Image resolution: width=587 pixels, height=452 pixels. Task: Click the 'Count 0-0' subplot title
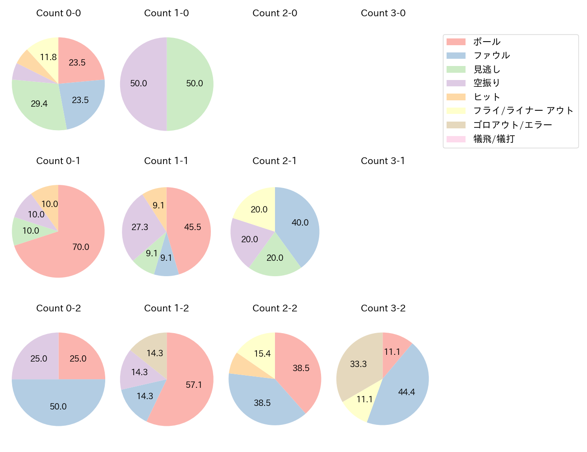coord(58,13)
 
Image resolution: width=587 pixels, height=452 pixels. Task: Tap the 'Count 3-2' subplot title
coord(383,308)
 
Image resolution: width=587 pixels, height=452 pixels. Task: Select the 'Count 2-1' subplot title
coord(275,161)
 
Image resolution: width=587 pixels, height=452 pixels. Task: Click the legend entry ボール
coord(486,42)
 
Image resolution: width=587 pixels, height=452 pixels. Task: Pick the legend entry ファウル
coord(491,55)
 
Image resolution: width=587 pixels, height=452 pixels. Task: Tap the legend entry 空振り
coord(486,83)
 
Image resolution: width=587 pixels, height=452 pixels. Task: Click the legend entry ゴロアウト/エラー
coord(512,125)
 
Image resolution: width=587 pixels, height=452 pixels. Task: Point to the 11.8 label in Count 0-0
coord(48,57)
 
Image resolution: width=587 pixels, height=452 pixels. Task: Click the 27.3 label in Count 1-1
coord(140,227)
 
